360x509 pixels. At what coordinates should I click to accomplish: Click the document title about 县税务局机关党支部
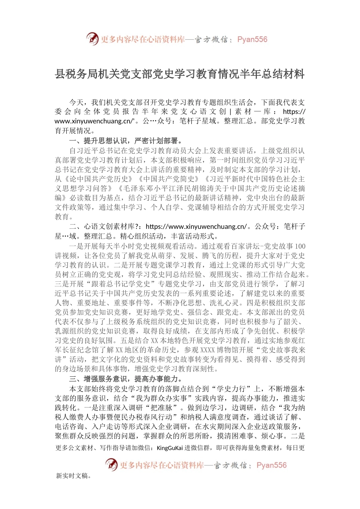[x=180, y=74]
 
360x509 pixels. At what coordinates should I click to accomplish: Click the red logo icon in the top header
[x=92, y=39]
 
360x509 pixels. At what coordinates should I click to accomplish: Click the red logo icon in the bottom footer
[x=111, y=465]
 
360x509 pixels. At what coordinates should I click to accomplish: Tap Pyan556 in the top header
[x=252, y=39]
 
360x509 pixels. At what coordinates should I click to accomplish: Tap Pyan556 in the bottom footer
[x=271, y=465]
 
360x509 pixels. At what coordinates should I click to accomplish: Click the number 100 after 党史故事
[x=300, y=246]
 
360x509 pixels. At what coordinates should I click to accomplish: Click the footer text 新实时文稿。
[x=74, y=476]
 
